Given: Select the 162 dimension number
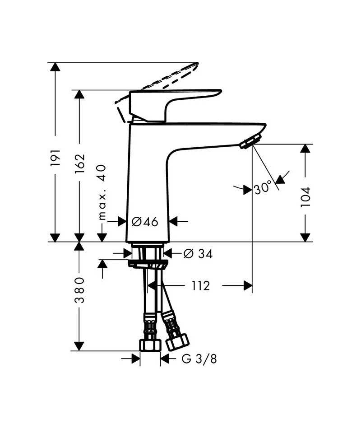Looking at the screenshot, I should pos(79,163).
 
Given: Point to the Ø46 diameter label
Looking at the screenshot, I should pos(144,221).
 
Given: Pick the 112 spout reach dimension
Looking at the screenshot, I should pos(200,286).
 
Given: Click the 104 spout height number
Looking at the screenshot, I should pos(305,197).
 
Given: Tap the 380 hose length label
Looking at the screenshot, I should pos(79,290).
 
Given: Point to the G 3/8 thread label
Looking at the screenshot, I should pos(199,359).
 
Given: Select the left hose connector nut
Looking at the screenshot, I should pos(150,345).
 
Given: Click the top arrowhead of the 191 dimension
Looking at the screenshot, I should pos(55,67).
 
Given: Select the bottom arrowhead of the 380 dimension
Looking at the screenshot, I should pos(79,346).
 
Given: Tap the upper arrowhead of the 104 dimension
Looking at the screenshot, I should pos(305,149).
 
